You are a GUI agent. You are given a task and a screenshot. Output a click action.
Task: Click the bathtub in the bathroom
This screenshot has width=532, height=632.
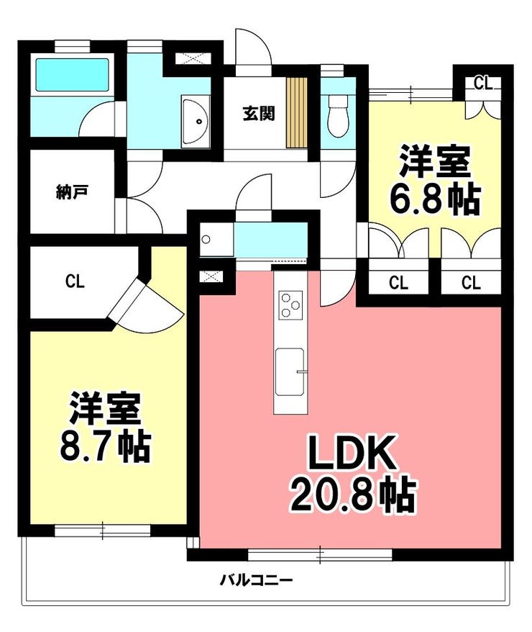coord(73,76)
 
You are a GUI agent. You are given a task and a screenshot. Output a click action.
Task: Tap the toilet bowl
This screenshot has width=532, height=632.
coord(338,117)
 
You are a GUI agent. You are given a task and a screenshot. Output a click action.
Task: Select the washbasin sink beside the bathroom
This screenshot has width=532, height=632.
coord(196,120)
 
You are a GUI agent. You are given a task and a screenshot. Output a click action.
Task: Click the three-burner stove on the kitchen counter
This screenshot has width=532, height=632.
coord(290,305)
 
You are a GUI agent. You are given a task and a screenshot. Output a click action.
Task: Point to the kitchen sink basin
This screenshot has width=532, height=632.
coord(289,371)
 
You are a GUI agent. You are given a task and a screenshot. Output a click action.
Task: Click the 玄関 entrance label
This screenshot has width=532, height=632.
coord(259,114)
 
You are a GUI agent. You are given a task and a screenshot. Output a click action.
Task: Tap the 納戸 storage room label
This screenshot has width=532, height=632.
coord(72,192)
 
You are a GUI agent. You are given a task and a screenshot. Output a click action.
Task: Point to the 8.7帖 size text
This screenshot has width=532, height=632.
coord(106,446)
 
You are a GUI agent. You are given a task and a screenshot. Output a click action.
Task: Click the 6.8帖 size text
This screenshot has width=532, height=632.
coord(435,199)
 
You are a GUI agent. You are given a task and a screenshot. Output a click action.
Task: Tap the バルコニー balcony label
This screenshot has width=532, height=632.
coord(257,580)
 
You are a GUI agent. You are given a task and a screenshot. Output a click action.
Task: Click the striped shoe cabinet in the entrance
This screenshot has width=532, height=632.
coord(297,112)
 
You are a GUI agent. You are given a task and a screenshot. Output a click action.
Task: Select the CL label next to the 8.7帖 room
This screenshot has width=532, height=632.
coord(75,281)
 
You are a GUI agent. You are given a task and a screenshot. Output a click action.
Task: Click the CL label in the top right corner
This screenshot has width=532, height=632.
coord(483,83)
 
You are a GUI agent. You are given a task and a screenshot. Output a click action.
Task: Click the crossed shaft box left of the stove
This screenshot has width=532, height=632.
coord(211,277)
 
